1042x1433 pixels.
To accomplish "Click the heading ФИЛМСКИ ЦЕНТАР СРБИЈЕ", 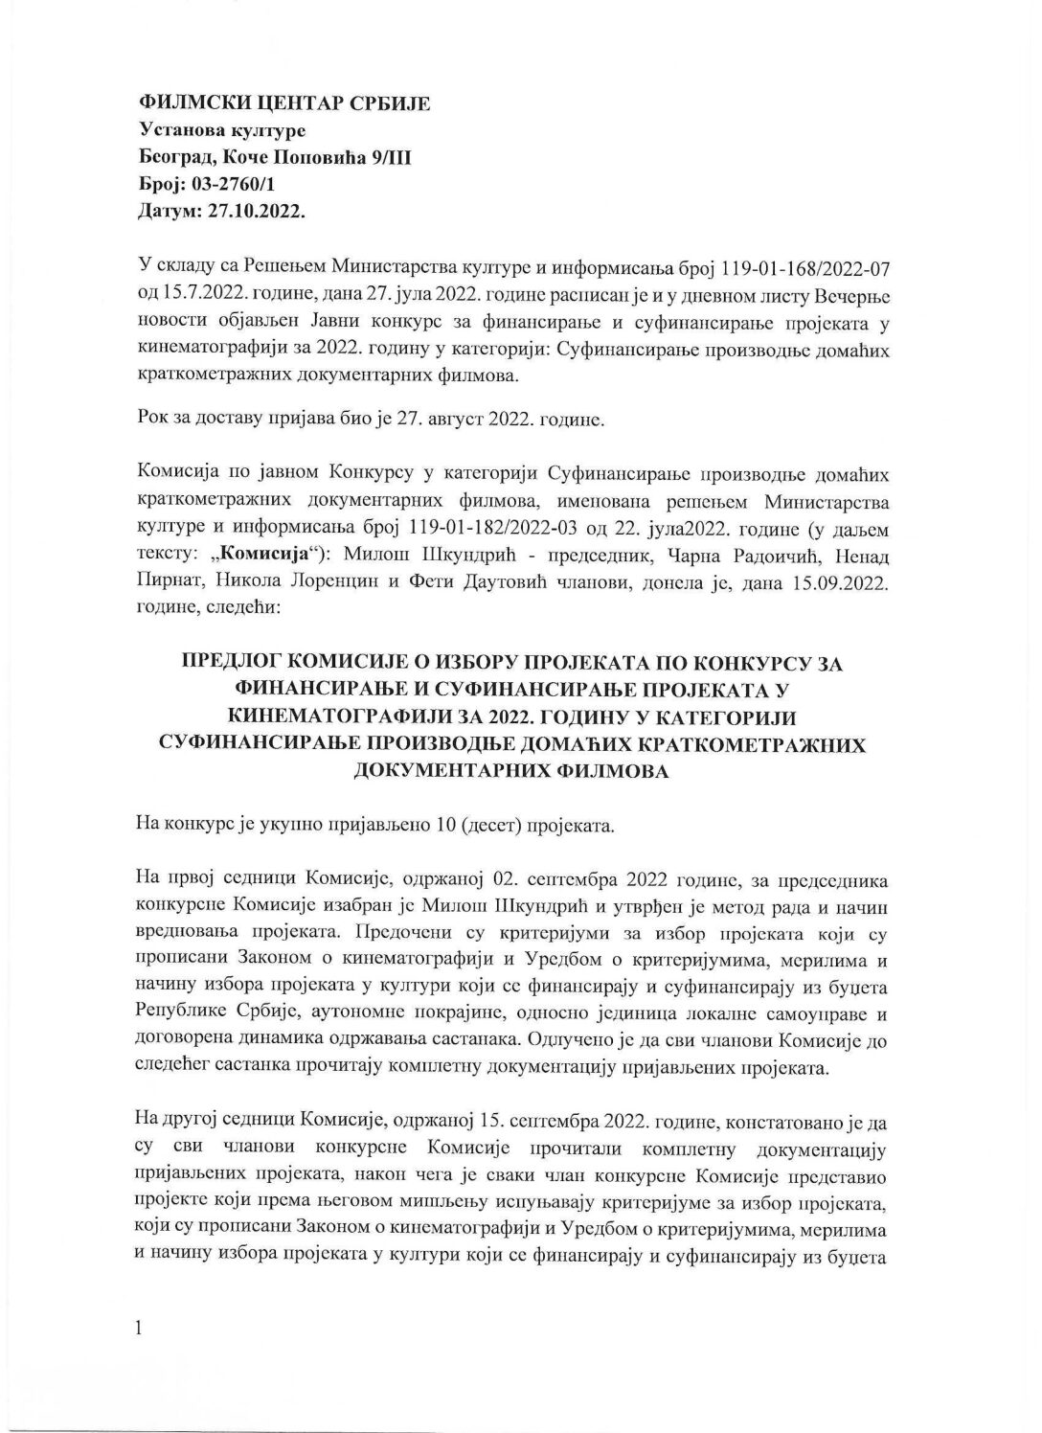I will point(284,103).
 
